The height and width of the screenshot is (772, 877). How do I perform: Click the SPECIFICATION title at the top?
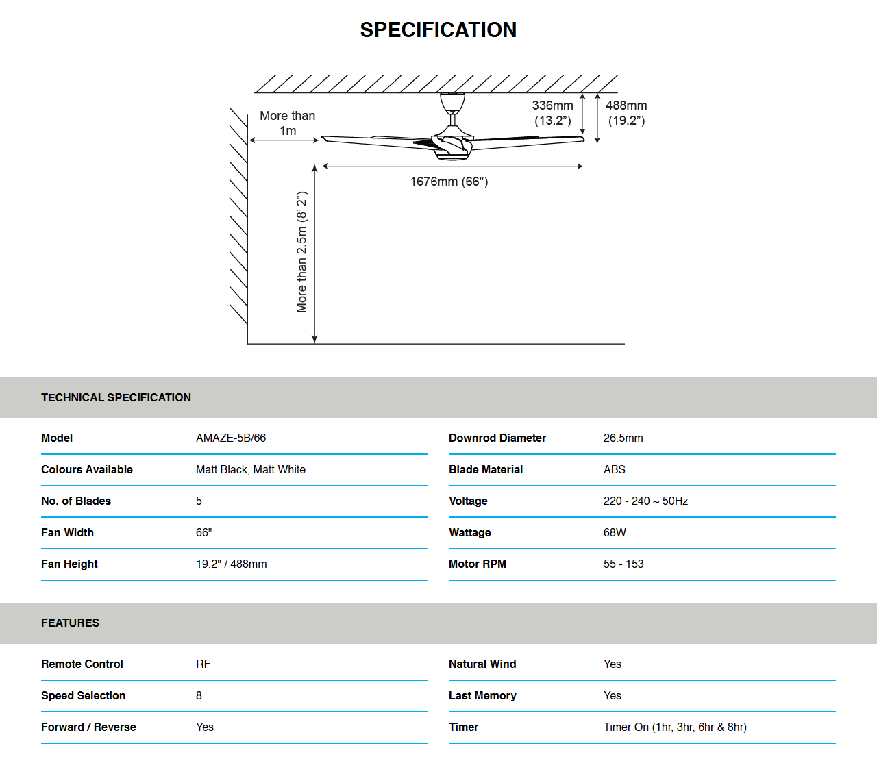coord(438,30)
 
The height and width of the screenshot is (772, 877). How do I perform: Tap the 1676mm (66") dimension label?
coord(449,182)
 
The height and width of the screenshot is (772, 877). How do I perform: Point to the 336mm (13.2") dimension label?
coord(553,113)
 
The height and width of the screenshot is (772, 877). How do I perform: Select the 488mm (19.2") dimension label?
coord(626,113)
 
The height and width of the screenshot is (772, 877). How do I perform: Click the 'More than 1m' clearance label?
coord(288,123)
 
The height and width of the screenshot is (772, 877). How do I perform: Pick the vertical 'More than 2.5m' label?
coord(302,252)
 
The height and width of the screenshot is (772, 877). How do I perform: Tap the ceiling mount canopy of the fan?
coord(452,102)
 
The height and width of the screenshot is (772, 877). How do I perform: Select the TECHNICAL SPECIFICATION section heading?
coord(116,397)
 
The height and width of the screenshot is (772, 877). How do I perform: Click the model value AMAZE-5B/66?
coord(231,438)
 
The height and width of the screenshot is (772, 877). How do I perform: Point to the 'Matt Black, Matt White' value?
coord(251,469)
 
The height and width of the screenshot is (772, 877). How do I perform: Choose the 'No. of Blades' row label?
coord(76,501)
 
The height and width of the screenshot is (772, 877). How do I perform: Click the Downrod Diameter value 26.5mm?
coord(623,438)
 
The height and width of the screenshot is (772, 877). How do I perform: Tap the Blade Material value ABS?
coord(614,469)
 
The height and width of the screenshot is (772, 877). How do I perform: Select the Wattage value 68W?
coord(615,532)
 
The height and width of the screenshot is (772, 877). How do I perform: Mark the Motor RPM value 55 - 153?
coord(623,564)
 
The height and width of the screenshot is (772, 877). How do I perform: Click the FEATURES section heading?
coord(70,623)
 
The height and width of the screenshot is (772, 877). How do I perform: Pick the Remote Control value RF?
coord(203,664)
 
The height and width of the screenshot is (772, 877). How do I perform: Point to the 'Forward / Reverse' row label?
coord(88,727)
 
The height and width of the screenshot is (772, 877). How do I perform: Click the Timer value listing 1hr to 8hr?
coord(675,727)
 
